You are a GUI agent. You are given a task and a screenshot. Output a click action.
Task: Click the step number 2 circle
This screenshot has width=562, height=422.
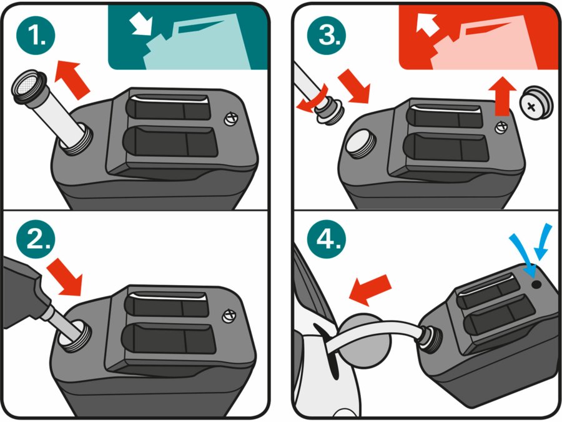(36, 239)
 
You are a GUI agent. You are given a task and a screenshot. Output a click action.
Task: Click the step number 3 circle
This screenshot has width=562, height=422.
(327, 36)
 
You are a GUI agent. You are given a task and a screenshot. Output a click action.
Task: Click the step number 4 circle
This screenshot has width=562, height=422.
(327, 239)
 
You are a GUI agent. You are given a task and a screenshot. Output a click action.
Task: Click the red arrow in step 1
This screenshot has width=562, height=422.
(73, 79)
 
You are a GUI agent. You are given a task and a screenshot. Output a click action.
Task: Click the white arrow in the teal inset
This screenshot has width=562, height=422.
(140, 25)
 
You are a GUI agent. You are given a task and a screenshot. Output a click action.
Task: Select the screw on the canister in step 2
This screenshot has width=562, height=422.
(229, 316)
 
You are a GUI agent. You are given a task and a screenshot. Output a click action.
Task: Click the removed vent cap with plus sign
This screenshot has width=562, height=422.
(536, 103)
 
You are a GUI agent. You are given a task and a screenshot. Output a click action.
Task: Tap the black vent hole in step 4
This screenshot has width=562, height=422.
(536, 284)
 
